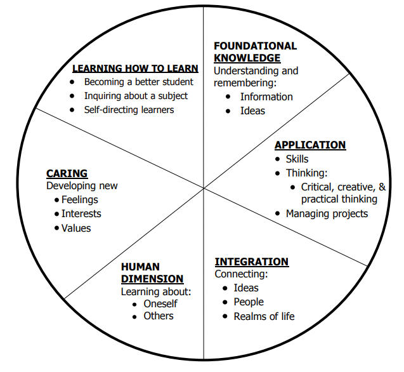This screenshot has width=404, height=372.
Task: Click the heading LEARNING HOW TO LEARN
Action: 135,69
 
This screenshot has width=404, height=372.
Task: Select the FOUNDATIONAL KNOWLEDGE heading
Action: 255,52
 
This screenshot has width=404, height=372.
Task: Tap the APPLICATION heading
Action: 310,145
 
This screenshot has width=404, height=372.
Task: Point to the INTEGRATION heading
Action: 251,262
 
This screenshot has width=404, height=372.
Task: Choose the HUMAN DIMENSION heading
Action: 152,273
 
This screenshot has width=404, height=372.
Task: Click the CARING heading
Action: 67,173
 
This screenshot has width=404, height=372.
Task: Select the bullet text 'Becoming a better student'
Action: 139,82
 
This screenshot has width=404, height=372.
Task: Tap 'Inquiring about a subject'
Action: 136,96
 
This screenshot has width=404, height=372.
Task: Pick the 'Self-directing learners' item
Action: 129,109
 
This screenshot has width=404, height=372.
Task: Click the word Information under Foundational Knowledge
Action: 266,96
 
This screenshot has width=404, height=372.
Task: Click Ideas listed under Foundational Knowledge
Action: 252,110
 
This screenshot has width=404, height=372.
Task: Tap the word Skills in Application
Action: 297,159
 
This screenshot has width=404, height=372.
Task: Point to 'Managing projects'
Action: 327,213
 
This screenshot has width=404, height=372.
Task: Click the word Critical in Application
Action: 318,187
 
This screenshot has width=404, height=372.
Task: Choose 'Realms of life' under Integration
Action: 264,316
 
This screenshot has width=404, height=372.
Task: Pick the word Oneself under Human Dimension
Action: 160,303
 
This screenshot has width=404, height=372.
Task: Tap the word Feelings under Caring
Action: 80,200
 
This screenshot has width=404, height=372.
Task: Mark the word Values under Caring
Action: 76,228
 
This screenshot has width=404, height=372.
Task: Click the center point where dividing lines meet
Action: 204,188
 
